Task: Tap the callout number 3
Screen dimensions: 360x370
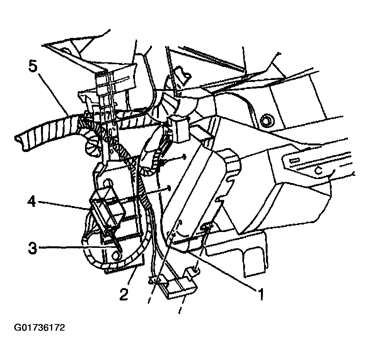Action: click(x=32, y=247)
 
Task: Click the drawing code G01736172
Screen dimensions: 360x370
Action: click(x=39, y=328)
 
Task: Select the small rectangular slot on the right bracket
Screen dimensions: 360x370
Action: click(x=294, y=160)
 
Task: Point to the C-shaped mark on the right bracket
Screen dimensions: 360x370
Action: click(x=319, y=170)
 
